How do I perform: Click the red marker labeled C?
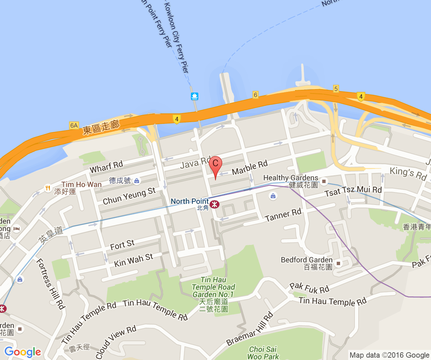(215, 165)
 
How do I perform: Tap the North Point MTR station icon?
(214, 204)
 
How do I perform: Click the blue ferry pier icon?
(195, 96)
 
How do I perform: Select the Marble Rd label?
(250, 167)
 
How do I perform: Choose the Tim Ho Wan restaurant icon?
(48, 188)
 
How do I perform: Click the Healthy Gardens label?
(291, 178)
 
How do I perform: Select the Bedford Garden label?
(306, 260)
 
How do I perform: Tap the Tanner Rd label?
(283, 215)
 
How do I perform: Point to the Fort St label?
(122, 245)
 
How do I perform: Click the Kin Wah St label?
(133, 260)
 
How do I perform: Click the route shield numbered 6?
(256, 95)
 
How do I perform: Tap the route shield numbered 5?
(336, 89)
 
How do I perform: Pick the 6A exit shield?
(74, 125)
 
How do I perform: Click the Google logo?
(23, 352)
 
